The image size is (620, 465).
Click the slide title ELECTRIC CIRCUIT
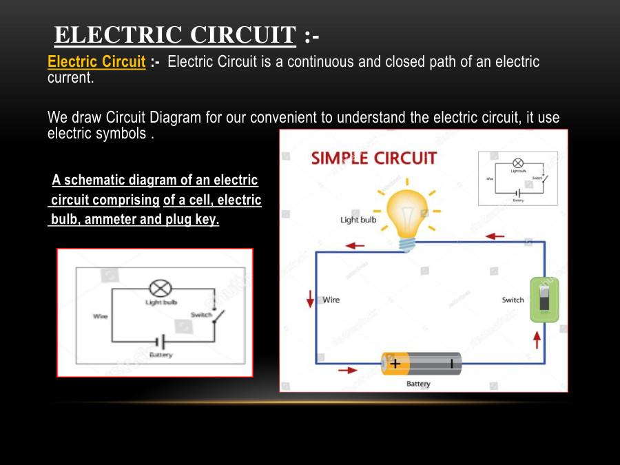[175, 35]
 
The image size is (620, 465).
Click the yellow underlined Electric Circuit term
[96, 62]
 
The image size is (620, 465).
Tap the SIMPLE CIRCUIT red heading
[373, 158]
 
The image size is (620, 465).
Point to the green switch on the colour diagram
[544, 300]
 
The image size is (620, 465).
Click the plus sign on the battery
[395, 364]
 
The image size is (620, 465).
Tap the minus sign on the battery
[452, 364]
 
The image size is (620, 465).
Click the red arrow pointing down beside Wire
[311, 298]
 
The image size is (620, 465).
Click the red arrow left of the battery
[349, 370]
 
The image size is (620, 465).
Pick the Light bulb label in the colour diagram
[358, 220]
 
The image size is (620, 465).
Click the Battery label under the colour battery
[418, 384]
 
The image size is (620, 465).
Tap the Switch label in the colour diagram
[513, 300]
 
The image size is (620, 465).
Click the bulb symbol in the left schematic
[160, 289]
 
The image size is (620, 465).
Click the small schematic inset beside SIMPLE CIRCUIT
[517, 178]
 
